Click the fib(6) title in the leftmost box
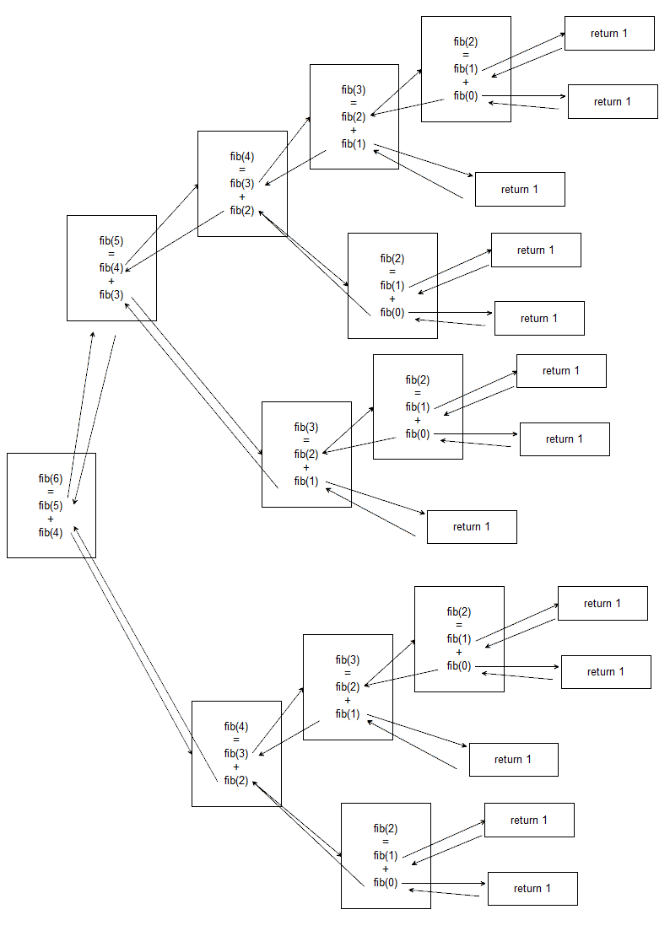point(51,478)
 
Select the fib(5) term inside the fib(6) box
point(51,506)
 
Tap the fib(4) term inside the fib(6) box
point(51,532)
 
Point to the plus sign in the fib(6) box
point(51,519)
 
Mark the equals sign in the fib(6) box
point(51,492)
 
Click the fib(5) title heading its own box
point(111,240)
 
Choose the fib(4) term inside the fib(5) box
point(111,268)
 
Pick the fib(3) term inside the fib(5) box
point(111,294)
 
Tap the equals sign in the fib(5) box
point(111,254)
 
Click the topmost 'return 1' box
point(608,34)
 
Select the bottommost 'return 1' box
point(532,889)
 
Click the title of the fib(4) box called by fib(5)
point(241,156)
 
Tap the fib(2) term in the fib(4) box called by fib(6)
point(235,780)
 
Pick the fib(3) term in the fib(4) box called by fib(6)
point(235,753)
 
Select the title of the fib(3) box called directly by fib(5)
point(305,427)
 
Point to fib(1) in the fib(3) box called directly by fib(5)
point(305,482)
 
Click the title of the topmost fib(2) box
point(465,41)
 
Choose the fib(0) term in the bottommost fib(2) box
point(385,883)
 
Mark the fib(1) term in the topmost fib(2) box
point(465,69)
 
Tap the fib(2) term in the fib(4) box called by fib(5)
point(241,211)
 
